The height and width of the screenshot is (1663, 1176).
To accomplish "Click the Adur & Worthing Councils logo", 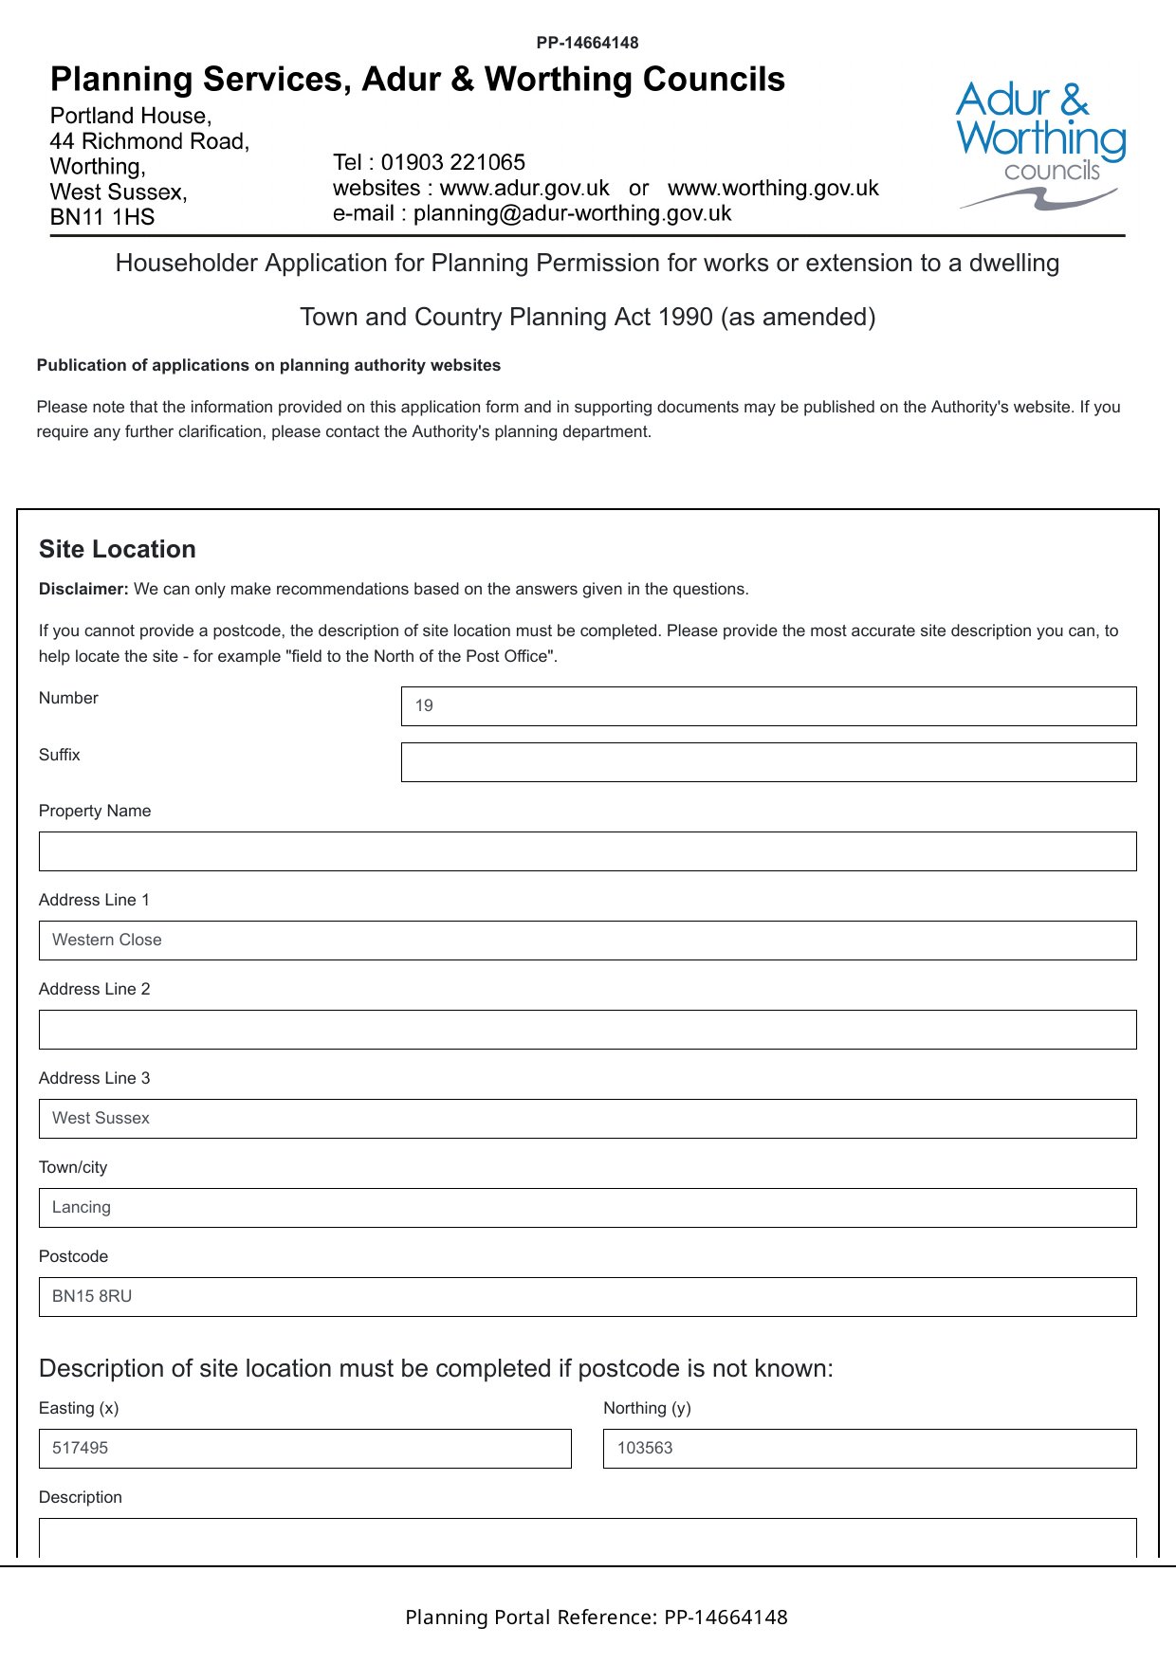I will (1040, 144).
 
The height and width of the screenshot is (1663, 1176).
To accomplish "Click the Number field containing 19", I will (768, 706).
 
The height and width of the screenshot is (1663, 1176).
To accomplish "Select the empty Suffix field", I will (768, 762).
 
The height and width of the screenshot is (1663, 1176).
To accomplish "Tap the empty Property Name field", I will (587, 851).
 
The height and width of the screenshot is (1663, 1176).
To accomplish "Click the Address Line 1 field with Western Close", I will (587, 941).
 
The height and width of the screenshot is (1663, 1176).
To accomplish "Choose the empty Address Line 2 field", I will (587, 1030).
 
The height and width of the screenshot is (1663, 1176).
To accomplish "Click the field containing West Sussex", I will (587, 1119).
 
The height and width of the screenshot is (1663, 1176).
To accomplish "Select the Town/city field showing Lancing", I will (587, 1208).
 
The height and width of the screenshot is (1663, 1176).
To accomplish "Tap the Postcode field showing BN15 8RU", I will (587, 1297).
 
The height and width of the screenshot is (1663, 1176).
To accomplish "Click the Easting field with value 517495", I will (304, 1449).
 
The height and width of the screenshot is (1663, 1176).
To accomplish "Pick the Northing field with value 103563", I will (869, 1449).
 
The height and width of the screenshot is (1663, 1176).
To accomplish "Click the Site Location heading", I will (118, 550).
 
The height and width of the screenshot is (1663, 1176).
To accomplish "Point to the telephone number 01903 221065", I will (452, 162).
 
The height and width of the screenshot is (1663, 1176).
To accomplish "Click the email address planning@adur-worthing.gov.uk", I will (572, 213).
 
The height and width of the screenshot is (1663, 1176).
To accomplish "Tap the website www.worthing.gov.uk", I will (773, 188).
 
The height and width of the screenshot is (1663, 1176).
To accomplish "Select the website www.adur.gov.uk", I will (524, 188).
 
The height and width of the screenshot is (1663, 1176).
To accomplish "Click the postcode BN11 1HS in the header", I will (102, 217).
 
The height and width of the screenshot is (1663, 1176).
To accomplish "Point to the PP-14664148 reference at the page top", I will (587, 43).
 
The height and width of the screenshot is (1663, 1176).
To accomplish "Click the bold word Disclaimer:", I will (83, 589).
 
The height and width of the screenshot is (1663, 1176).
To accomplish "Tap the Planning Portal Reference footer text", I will (596, 1617).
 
